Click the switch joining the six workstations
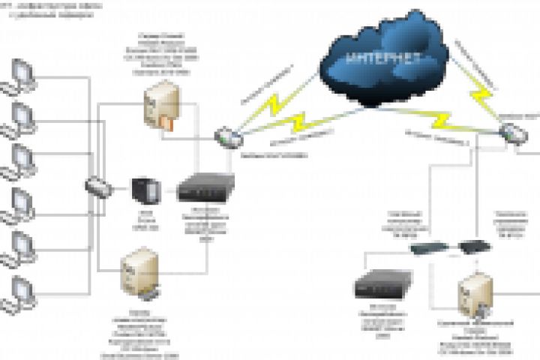[97, 185]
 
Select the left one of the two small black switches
[424, 247]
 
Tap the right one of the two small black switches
[472, 246]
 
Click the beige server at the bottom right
[477, 297]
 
